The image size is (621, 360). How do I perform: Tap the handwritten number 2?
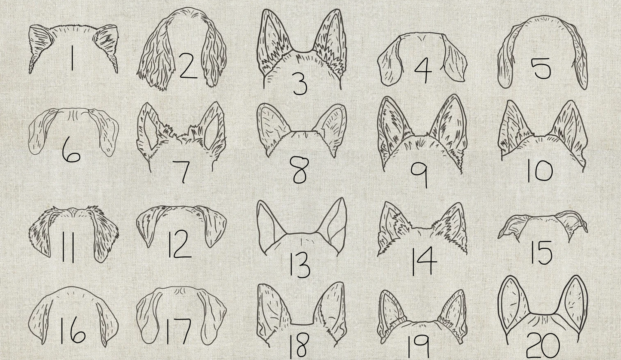click(x=187, y=67)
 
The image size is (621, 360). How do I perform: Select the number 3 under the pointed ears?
click(x=300, y=84)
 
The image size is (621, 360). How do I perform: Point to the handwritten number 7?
click(x=183, y=171)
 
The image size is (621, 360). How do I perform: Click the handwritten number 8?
click(x=300, y=170)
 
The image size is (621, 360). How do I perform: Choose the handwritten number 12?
click(x=180, y=244)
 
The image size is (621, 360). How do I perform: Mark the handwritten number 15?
click(x=541, y=252)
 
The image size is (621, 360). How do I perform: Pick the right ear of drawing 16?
click(x=107, y=320)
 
